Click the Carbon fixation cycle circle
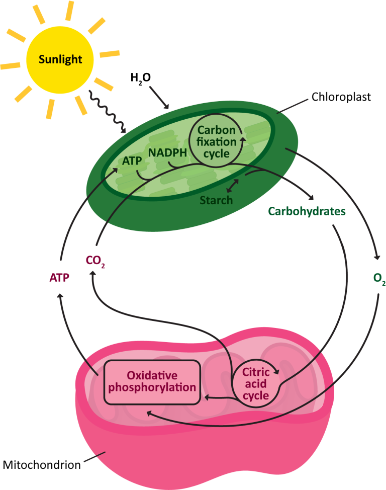tap(216, 142)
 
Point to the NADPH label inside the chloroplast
tap(167, 151)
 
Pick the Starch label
tap(216, 200)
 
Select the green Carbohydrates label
tap(307, 211)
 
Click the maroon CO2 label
tap(95, 261)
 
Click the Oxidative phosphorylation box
tap(152, 382)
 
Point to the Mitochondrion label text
tap(41, 465)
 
